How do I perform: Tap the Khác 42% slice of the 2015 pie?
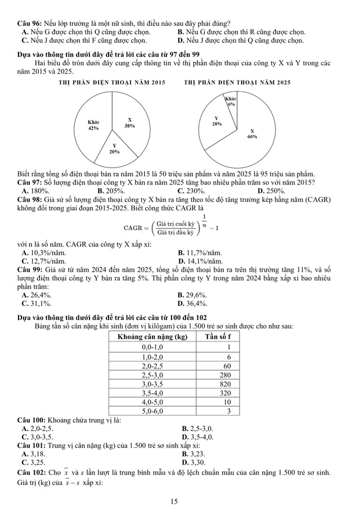pyautogui.click(x=93, y=124)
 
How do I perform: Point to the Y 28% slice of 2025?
pyautogui.click(x=217, y=120)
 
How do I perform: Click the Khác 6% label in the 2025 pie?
pyautogui.click(x=231, y=101)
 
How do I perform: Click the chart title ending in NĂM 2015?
pyautogui.click(x=112, y=82)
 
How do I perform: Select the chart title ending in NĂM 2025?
pyautogui.click(x=237, y=82)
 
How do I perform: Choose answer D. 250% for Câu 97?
pyautogui.click(x=271, y=191)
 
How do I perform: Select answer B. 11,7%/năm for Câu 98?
pyautogui.click(x=200, y=253)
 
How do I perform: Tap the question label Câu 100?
pyautogui.click(x=31, y=420)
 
